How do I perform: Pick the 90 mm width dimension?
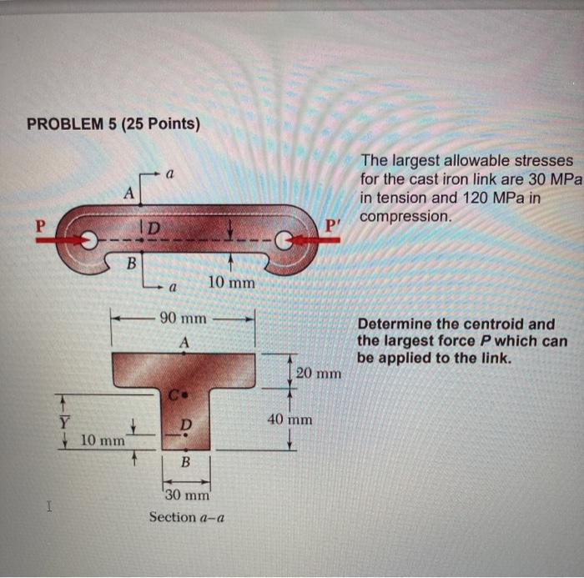click(183, 319)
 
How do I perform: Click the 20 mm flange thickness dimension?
click(318, 373)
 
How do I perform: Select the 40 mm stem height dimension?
click(289, 419)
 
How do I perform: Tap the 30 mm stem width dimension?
click(185, 495)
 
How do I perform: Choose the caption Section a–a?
click(184, 517)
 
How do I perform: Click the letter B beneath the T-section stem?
click(185, 461)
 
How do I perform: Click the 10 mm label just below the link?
click(231, 283)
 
